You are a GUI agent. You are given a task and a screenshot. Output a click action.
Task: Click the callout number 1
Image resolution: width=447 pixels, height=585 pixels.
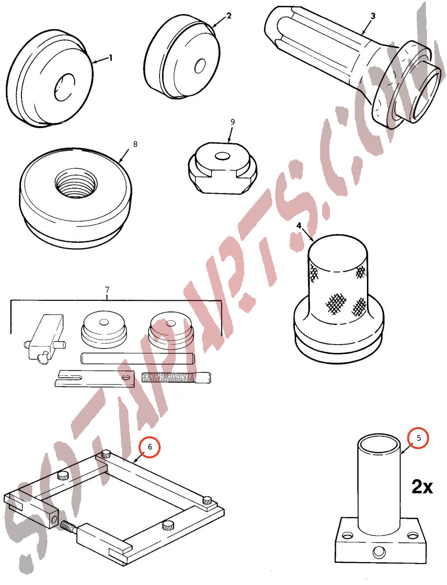(x=110, y=58)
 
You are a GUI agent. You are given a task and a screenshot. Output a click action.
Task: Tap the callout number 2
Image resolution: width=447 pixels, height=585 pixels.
(x=229, y=16)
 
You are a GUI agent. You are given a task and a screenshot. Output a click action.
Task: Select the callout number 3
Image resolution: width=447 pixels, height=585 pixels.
(x=373, y=16)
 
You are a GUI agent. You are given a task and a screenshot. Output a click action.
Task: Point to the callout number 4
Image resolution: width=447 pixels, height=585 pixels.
(x=299, y=226)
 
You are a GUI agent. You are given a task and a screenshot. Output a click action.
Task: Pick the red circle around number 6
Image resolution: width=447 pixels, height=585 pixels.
(x=150, y=447)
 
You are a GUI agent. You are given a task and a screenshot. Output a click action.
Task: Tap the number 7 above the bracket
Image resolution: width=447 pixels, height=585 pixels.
(x=107, y=289)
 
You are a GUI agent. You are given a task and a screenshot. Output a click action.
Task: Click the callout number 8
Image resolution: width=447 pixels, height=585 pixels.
(x=135, y=144)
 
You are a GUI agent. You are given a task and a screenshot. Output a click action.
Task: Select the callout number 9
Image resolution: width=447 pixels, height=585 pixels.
(x=233, y=122)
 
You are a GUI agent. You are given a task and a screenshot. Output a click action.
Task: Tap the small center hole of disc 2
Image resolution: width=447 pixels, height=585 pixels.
(x=200, y=66)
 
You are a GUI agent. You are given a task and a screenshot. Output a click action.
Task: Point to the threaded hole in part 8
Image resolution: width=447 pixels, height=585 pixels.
(x=76, y=182)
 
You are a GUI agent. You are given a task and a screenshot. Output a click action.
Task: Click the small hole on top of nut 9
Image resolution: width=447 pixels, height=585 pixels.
(x=222, y=156)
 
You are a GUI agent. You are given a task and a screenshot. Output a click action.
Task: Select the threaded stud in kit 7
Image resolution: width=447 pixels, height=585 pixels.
(x=176, y=377)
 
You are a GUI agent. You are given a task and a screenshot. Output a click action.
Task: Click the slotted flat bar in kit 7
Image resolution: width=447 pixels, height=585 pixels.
(x=95, y=378)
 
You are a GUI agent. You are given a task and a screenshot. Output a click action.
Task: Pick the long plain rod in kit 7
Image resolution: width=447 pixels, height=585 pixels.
(x=137, y=358)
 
